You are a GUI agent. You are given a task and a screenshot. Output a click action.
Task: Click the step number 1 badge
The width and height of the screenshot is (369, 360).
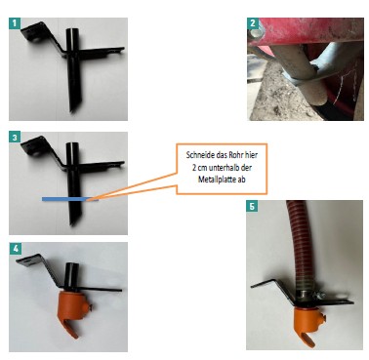point(15,23)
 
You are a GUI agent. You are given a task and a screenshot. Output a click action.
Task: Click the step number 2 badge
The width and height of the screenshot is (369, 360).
point(253,23)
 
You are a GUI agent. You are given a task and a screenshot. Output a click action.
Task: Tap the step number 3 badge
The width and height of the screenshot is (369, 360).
point(15,138)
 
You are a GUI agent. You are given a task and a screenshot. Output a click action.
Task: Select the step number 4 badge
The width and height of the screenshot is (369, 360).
point(15,249)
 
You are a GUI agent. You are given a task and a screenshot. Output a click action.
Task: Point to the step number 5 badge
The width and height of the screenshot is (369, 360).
point(252,206)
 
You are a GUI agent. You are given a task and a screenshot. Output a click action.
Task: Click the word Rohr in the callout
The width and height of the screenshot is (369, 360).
point(232,155)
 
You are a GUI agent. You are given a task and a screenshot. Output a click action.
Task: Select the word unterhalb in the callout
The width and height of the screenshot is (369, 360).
point(221,167)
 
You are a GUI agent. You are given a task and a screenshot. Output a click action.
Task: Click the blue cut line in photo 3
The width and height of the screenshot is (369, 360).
point(69,199)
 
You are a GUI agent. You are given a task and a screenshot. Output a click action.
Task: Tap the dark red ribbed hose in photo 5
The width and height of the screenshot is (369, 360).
point(299,242)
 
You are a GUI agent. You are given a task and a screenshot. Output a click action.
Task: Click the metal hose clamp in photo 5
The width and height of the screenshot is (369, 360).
point(309,295)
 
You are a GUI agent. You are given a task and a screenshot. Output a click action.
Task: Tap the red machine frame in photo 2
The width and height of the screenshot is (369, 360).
point(306,30)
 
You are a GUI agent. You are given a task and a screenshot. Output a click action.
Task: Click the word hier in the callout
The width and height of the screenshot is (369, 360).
point(250,155)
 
